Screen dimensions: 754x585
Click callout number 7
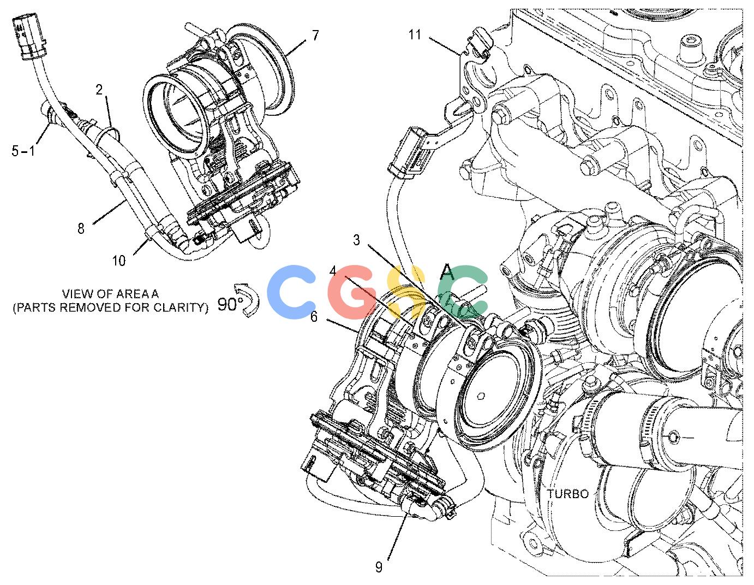pos(315,36)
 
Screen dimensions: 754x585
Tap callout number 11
pos(415,35)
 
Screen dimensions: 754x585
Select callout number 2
pos(100,90)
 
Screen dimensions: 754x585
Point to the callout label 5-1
pos(23,151)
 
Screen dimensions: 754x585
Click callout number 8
pos(81,228)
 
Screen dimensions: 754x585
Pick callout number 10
pos(119,260)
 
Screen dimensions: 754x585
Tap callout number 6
pos(314,317)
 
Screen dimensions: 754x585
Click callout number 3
pos(357,240)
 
